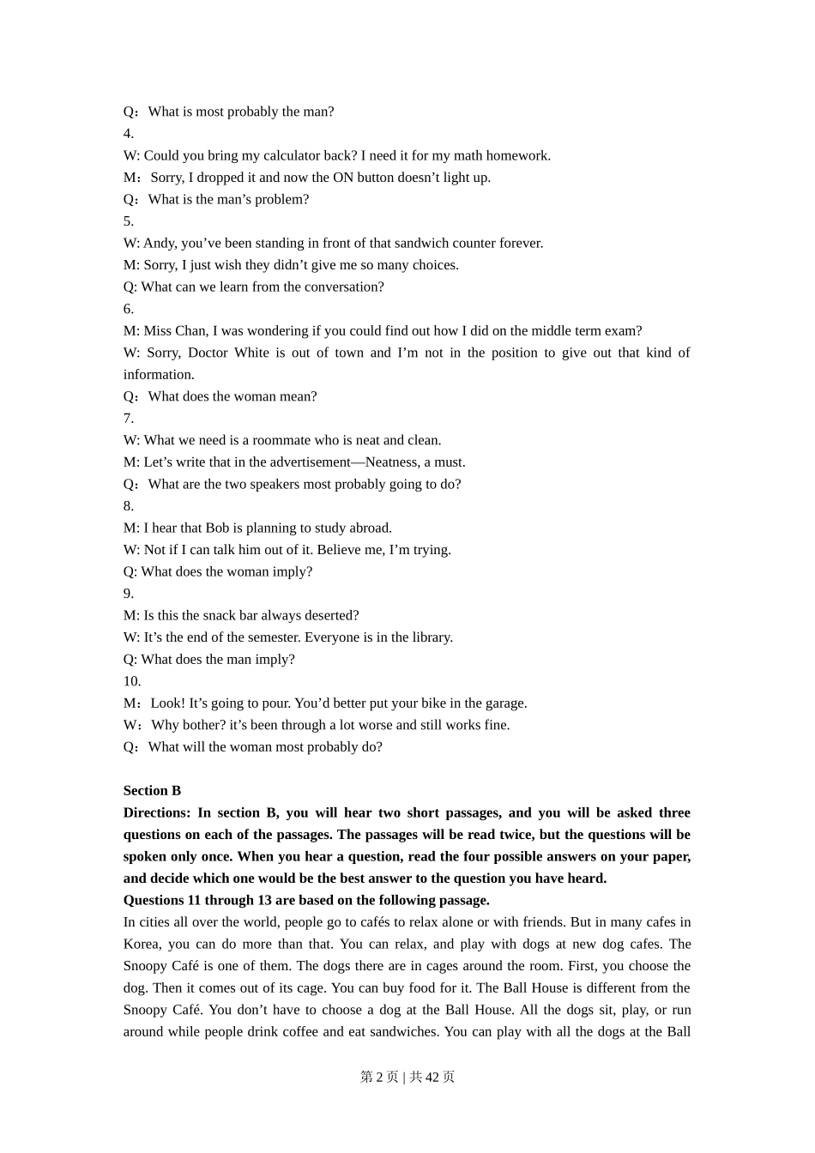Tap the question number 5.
pyautogui.click(x=128, y=221)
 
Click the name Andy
pyautogui.click(x=160, y=243)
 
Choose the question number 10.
pyautogui.click(x=131, y=681)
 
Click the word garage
pyautogui.click(x=504, y=703)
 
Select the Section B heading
pyautogui.click(x=152, y=791)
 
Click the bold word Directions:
pyautogui.click(x=157, y=812)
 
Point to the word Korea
pyautogui.click(x=141, y=944)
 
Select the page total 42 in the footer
pyautogui.click(x=432, y=1077)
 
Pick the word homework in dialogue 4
pyautogui.click(x=517, y=155)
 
